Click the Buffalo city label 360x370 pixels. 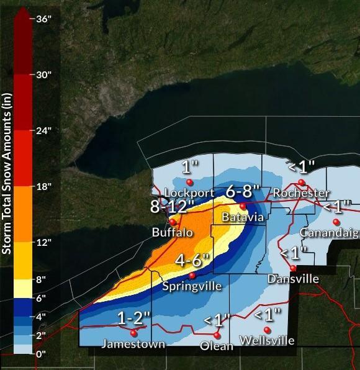tap(173, 233)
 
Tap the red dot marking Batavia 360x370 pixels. tap(243, 206)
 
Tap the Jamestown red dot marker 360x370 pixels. tap(133, 332)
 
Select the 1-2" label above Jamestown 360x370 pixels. tap(133, 318)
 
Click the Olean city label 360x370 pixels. tap(217, 346)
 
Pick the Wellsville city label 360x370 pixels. tap(268, 341)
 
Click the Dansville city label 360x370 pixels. tap(293, 279)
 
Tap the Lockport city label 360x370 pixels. tap(189, 193)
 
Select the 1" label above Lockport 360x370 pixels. tap(189, 167)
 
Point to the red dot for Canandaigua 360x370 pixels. tap(336, 222)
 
